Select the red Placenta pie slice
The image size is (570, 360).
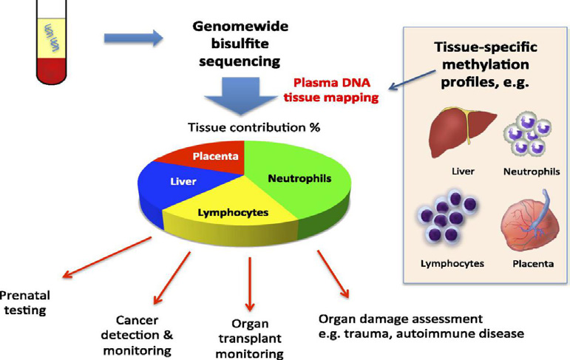coord(214,157)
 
